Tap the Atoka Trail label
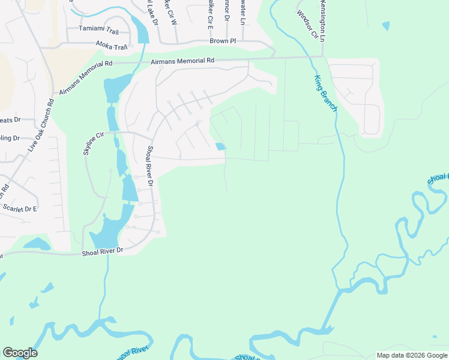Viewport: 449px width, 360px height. coord(112,46)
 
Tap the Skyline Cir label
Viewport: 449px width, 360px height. coord(94,144)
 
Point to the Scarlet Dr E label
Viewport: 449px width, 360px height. coord(20,209)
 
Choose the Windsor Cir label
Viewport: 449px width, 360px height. coord(306,25)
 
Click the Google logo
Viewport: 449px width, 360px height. coord(20,353)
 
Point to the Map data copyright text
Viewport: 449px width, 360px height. coord(411,355)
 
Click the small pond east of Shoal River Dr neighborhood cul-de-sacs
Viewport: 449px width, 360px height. coord(221,146)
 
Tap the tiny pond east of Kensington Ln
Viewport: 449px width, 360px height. coord(385,26)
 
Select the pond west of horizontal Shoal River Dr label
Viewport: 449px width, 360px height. coord(37,244)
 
